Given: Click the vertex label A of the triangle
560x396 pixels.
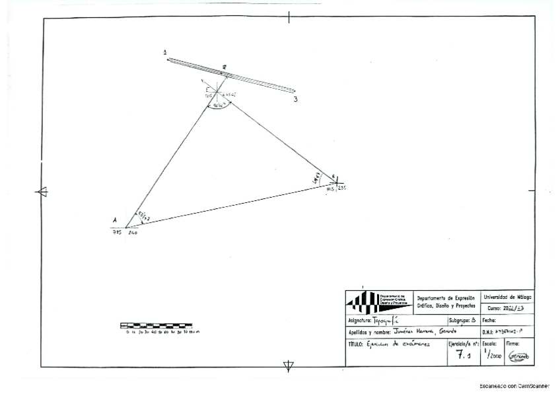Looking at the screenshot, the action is click(115, 220).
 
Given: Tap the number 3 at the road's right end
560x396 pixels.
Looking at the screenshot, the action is click(295, 99).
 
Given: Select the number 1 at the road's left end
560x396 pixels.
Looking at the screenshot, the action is click(165, 52).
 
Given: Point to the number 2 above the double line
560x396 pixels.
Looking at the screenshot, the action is click(225, 67).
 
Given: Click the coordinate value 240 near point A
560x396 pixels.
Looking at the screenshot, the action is click(132, 233).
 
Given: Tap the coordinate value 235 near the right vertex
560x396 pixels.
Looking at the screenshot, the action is click(342, 189).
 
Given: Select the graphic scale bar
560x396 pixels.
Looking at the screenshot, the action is click(156, 325).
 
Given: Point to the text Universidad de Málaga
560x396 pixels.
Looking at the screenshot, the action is click(508, 297).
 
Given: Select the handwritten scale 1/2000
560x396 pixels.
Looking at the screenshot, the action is click(493, 355).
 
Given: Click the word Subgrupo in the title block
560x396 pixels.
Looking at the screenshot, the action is click(459, 319).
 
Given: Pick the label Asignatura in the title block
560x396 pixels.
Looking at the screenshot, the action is click(361, 319).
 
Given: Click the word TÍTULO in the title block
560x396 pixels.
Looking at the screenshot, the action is click(357, 344).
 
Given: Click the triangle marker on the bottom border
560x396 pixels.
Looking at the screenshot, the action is click(289, 366).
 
